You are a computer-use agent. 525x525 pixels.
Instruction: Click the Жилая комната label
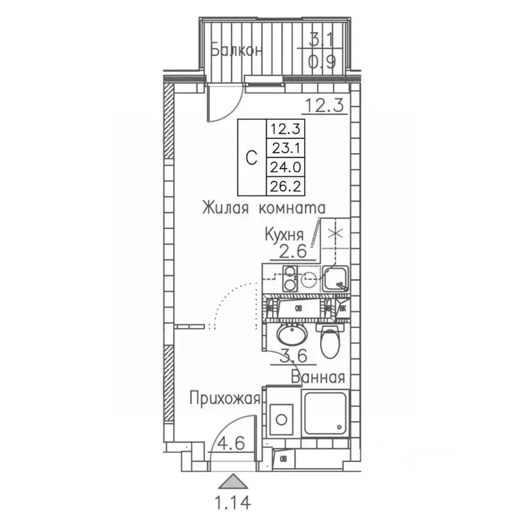pos(263,207)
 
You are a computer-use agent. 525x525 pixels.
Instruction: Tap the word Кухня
pos(284,234)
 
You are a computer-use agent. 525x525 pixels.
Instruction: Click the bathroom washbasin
pos(294,335)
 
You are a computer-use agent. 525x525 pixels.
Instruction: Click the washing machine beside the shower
pos(281,416)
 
